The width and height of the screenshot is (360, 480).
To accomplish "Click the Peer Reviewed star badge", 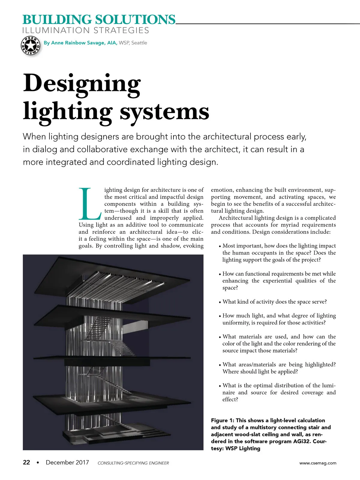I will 30,46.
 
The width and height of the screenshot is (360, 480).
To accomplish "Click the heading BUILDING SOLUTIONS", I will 99,20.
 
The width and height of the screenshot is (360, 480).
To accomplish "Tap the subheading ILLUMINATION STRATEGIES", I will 86,31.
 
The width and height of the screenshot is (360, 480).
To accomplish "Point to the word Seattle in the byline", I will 139,43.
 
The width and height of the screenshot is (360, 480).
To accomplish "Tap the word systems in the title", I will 164,112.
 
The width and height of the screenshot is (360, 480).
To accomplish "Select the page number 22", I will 26,462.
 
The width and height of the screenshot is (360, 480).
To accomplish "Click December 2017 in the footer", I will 67,462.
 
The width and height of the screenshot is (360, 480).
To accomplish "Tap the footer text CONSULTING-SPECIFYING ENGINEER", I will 133,463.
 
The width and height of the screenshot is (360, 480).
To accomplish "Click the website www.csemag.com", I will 318,463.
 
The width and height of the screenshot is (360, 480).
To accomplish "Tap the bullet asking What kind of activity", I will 274,301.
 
